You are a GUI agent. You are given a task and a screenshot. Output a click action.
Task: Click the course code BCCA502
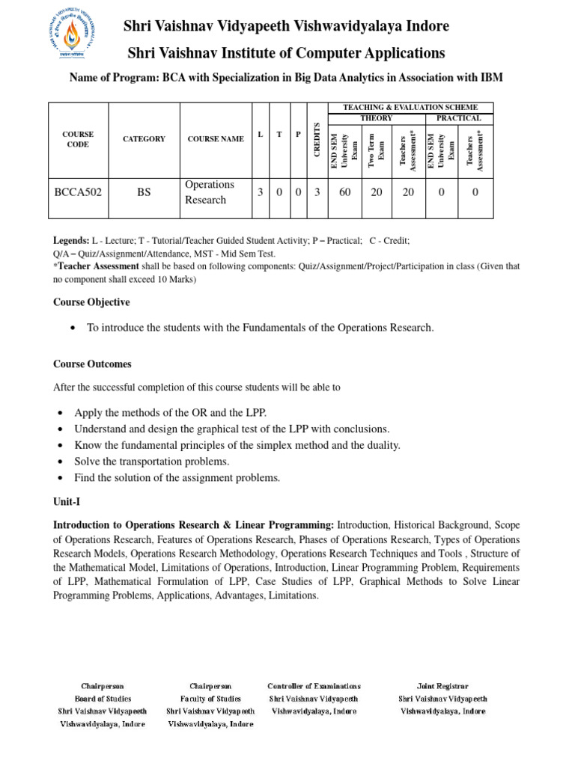tap(78, 192)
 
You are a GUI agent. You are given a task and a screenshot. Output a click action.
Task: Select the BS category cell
tap(144, 192)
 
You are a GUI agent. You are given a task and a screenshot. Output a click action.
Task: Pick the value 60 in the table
tap(344, 192)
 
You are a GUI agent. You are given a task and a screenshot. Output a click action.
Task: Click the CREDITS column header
tap(317, 139)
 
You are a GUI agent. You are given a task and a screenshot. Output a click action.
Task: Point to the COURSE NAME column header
tap(216, 139)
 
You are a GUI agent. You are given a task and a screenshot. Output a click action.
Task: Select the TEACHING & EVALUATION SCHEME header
tap(410, 108)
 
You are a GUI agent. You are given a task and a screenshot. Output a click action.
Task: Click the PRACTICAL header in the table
tap(459, 118)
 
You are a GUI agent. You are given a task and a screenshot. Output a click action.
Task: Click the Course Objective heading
tap(91, 302)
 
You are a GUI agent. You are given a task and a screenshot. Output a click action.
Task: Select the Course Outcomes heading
tap(92, 364)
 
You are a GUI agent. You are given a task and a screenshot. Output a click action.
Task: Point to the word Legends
tap(70, 242)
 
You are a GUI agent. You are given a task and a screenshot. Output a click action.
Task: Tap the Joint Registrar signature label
tap(442, 685)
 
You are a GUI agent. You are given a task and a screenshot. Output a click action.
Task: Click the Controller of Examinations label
tap(314, 685)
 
